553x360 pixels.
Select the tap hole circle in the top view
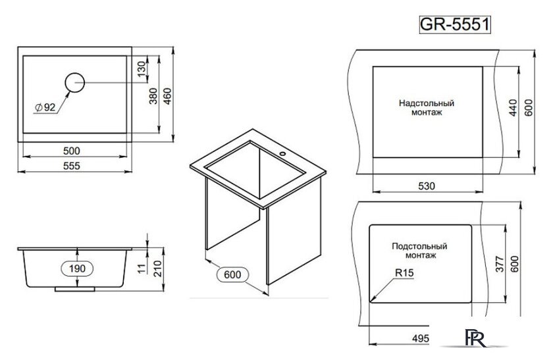[74, 82]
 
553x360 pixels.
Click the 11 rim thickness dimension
[140, 268]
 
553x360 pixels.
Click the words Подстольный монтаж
[419, 250]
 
